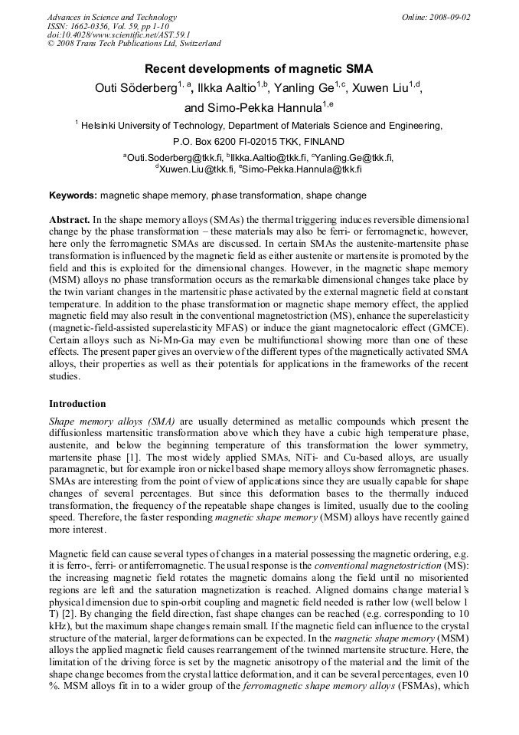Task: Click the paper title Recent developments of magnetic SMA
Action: (259, 69)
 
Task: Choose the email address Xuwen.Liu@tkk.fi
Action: (197, 168)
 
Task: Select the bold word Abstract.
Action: (70, 219)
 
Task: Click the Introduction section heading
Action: (77, 404)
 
